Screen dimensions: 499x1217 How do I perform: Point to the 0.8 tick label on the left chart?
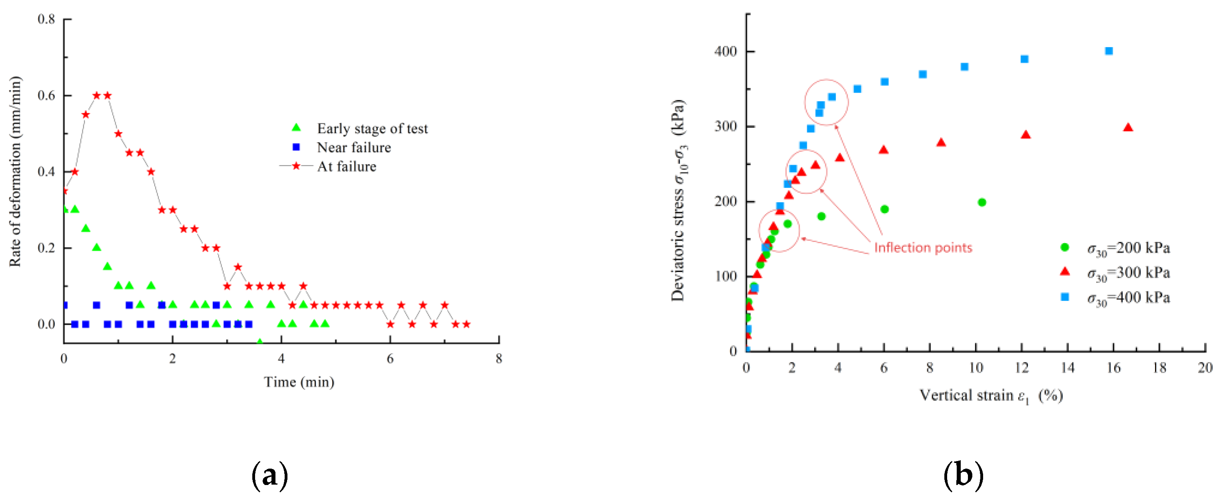point(46,19)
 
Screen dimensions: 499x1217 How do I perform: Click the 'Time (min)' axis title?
point(299,382)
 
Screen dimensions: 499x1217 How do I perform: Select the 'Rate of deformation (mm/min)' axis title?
point(16,172)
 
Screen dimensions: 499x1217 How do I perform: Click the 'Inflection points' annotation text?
point(923,248)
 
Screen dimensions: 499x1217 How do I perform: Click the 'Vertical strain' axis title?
point(991,395)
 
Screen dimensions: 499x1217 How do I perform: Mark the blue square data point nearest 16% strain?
point(1109,51)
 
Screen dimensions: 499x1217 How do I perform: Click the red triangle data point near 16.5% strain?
point(1128,128)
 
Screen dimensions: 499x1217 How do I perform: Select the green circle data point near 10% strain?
point(982,202)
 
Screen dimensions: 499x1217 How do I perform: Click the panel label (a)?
point(269,475)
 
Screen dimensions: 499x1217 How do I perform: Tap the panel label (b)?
point(963,475)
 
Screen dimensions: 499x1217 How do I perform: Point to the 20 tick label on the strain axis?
point(1205,367)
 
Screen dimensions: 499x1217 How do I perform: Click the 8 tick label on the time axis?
point(499,359)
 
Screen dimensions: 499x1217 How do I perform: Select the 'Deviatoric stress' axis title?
point(678,200)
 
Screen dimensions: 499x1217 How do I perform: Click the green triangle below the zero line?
point(259,341)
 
